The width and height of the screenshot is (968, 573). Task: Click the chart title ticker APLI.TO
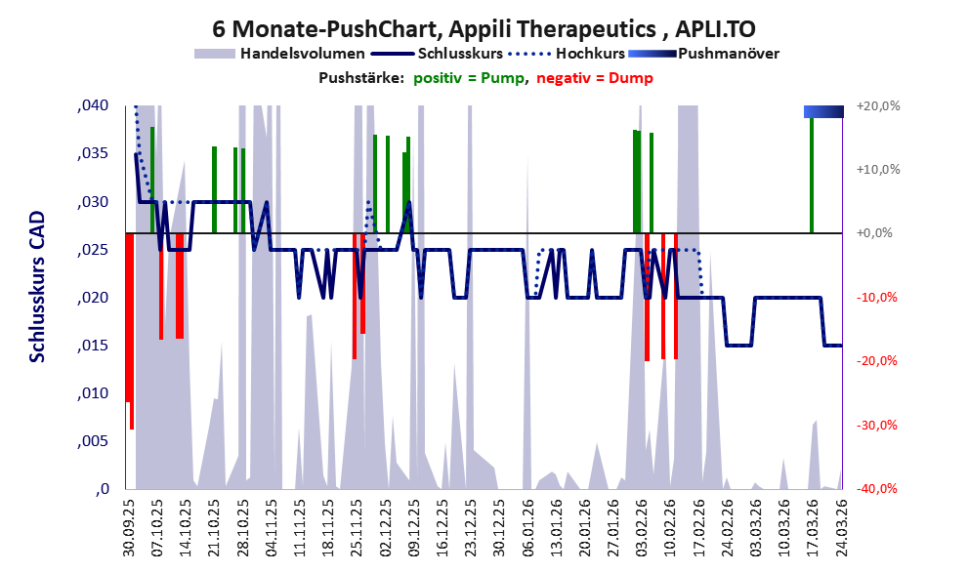[x=715, y=28]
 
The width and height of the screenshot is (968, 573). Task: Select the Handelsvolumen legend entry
[x=279, y=54]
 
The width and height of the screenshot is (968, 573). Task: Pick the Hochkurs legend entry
[x=567, y=54]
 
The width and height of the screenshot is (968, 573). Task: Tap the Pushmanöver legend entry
[x=703, y=54]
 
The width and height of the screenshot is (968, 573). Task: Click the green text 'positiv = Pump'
[x=469, y=78]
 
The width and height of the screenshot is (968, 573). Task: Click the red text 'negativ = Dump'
[x=595, y=78]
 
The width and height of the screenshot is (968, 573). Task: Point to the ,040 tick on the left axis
[x=93, y=105]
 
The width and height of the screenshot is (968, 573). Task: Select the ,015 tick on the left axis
[x=93, y=346]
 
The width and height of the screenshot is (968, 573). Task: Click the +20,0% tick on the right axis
[x=878, y=106]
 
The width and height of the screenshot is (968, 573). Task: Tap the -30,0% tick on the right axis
[x=876, y=425]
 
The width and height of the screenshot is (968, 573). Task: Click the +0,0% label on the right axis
[x=875, y=233]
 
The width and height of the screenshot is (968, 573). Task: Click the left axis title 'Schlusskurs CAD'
[x=38, y=287]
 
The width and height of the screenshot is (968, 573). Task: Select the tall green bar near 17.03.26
[x=812, y=175]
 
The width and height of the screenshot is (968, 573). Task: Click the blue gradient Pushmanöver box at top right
[x=823, y=111]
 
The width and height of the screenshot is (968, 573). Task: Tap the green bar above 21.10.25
[x=214, y=190]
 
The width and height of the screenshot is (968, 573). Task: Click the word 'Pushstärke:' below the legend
[x=361, y=78]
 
